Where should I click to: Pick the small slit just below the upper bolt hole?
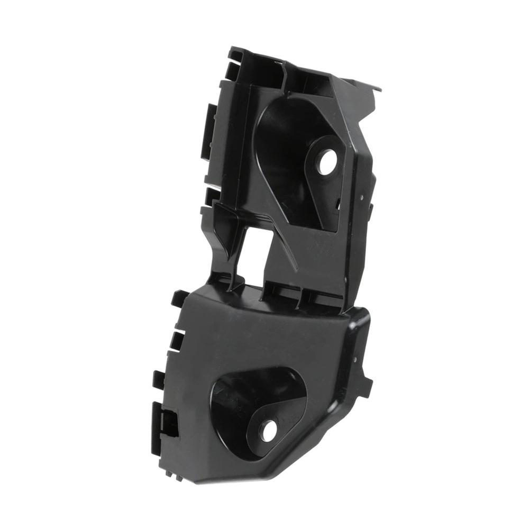[338, 202]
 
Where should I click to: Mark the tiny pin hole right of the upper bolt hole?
[361, 197]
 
